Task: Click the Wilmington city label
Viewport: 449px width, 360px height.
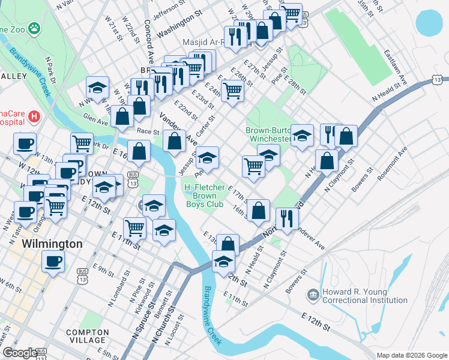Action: click(52, 244)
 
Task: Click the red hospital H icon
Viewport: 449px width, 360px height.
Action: click(34, 115)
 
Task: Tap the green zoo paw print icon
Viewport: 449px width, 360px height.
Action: click(35, 28)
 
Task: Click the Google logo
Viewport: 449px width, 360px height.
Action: click(19, 353)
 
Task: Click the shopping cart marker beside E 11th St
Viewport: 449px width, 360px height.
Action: click(134, 228)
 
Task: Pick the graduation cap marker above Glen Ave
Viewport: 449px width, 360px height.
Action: click(97, 88)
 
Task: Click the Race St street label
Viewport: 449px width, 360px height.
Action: click(148, 131)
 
